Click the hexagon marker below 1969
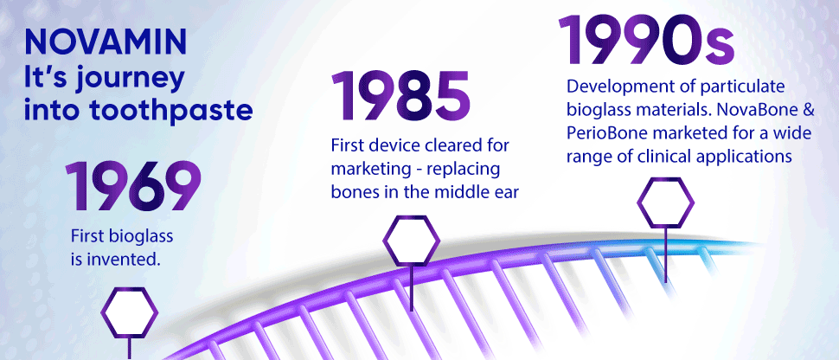pos(130,313)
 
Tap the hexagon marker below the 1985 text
pos(411,241)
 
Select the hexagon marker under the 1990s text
pos(665,202)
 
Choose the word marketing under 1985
pos(367,168)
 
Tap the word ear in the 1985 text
pos(506,191)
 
